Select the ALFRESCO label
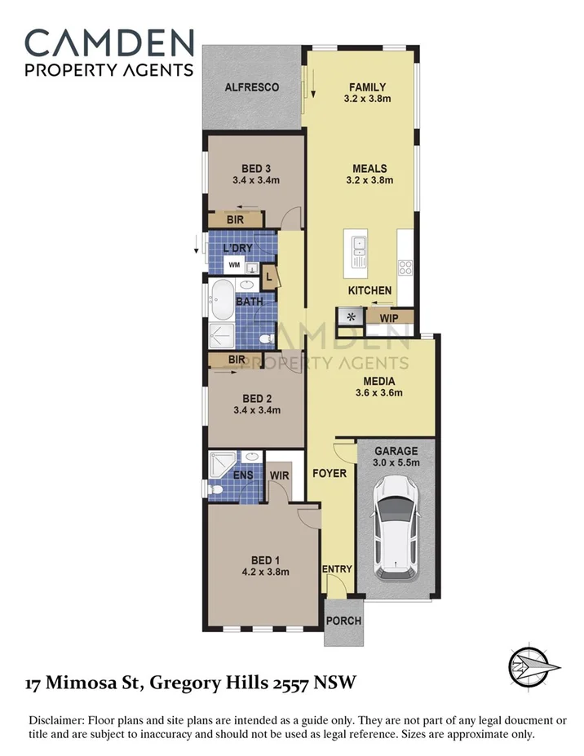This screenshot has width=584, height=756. click(x=252, y=87)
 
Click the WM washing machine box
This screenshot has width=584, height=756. click(x=234, y=265)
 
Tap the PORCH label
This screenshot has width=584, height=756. click(x=343, y=621)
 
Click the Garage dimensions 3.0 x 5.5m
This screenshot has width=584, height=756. click(x=396, y=463)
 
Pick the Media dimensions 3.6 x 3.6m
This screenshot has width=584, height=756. click(x=379, y=392)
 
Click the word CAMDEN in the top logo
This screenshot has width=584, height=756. click(x=109, y=43)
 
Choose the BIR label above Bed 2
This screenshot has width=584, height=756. click(x=237, y=360)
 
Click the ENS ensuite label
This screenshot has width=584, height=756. click(x=220, y=475)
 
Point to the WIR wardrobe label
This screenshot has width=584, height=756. click(x=279, y=474)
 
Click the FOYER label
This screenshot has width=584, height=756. click(x=330, y=473)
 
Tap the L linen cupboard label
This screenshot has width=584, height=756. click(x=269, y=277)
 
